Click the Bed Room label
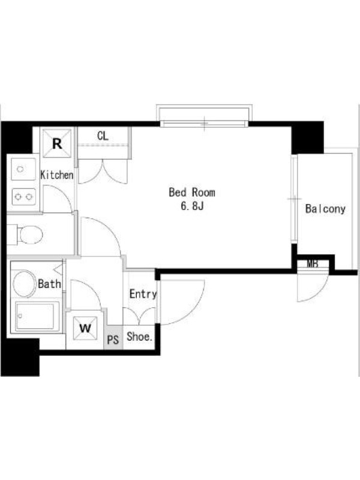(192, 192)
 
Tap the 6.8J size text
(192, 206)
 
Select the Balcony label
(325, 209)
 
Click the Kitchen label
(57, 175)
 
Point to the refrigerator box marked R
(57, 143)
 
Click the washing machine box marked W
(85, 328)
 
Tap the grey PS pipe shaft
(113, 337)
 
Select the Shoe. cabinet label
(140, 337)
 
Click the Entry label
(143, 294)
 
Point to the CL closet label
(103, 136)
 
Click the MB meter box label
(313, 264)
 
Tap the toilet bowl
(29, 235)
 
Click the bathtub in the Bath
(37, 317)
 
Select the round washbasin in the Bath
(24, 283)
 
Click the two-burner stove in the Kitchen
(24, 197)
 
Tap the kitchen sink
(23, 169)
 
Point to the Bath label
(49, 284)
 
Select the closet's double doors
(103, 172)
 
